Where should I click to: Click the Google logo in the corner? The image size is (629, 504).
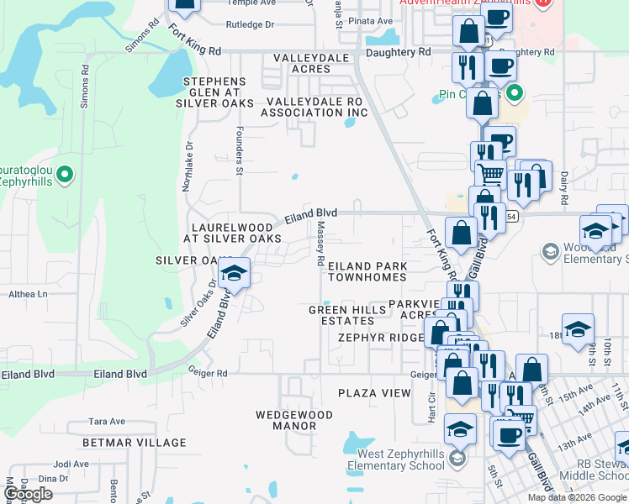[x=28, y=494]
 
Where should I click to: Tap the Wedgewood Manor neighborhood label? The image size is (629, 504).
[x=286, y=420]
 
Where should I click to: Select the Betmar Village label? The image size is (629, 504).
[x=135, y=443]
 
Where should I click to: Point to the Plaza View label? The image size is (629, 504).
[x=374, y=393]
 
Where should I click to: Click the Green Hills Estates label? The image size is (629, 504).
[x=347, y=316]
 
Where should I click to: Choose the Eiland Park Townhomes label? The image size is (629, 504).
[x=367, y=271]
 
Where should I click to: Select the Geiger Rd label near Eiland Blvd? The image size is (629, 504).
[x=208, y=373]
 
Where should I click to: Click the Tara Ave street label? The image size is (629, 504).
[x=107, y=422]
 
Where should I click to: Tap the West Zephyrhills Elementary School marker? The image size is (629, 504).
[x=457, y=459]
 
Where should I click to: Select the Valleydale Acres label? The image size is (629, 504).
[x=312, y=64]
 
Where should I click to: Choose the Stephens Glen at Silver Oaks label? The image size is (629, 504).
[x=214, y=92]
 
